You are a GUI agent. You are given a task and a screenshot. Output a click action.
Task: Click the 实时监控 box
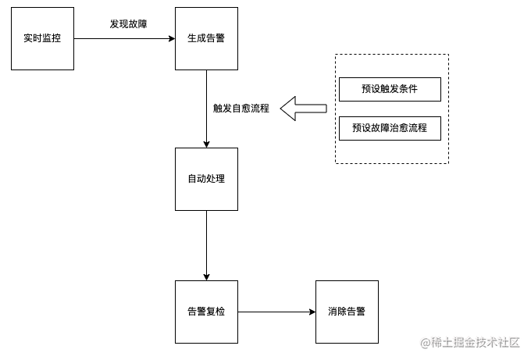(42, 38)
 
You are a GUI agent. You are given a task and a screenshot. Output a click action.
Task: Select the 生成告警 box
(206, 38)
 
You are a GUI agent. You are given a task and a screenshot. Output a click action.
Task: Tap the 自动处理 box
(206, 179)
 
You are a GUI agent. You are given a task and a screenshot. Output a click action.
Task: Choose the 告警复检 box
(206, 312)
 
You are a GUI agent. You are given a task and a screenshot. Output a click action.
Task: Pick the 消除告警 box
(347, 312)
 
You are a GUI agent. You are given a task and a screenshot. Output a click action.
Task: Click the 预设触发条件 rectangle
(390, 89)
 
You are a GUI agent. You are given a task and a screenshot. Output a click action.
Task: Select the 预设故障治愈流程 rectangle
(390, 128)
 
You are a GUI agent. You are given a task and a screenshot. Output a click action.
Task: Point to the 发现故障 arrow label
(128, 24)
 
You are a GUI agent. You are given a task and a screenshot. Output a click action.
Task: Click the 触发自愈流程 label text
(241, 109)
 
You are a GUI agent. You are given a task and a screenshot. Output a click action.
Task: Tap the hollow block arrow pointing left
(303, 109)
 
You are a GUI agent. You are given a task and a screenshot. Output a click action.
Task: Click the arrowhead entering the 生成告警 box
(172, 38)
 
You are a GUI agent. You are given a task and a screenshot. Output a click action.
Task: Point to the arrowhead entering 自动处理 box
(206, 144)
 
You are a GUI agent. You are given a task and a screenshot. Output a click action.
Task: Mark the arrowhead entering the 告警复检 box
(206, 277)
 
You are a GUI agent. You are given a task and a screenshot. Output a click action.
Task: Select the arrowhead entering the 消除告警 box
(312, 312)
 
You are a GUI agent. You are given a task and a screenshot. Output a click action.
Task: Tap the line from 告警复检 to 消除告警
(276, 312)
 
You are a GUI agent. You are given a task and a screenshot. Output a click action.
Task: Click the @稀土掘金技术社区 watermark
(470, 343)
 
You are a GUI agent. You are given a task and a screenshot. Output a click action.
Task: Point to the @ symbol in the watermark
(426, 343)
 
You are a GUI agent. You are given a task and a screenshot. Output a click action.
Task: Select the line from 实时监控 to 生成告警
(124, 38)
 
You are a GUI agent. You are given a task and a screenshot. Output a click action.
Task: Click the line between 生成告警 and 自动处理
(206, 109)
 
